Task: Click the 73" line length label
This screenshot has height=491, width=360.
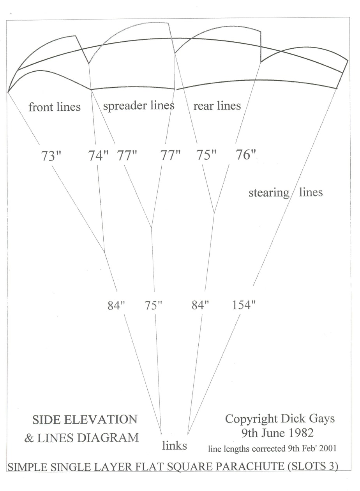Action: click(x=51, y=156)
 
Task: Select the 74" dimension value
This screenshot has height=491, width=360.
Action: click(x=98, y=155)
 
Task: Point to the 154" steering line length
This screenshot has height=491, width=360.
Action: click(x=244, y=305)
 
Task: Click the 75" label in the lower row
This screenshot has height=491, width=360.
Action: click(x=153, y=305)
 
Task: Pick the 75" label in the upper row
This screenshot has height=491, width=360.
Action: click(x=206, y=155)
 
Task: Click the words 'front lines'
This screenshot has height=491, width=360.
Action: click(x=55, y=107)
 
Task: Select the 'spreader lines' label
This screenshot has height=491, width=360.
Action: click(x=139, y=106)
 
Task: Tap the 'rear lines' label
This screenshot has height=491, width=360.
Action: click(x=217, y=106)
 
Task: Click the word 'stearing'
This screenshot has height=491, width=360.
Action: click(x=269, y=193)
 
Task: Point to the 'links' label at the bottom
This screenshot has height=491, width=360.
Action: click(x=175, y=446)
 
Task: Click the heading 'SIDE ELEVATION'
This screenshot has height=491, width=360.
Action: click(x=85, y=420)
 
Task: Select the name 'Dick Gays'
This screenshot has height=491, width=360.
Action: click(x=308, y=419)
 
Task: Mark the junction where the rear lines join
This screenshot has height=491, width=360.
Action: click(x=214, y=212)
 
